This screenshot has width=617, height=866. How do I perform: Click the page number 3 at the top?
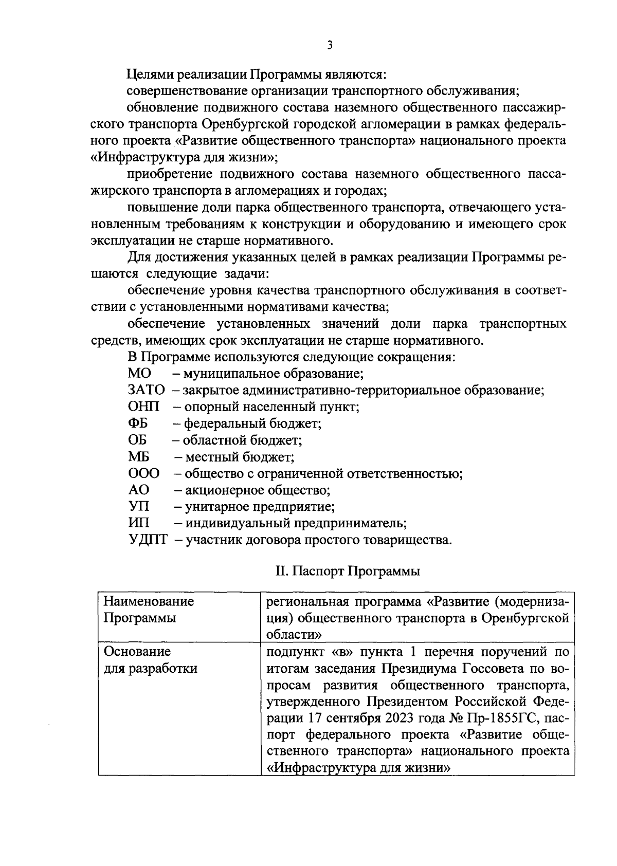(x=330, y=46)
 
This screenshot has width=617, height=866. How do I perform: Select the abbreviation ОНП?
(x=143, y=407)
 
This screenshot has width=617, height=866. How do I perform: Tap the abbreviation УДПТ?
(x=148, y=540)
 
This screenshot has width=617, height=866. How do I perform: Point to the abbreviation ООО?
(x=143, y=473)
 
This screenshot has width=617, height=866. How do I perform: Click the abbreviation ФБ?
(x=138, y=423)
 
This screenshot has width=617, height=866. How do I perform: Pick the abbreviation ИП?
(x=139, y=523)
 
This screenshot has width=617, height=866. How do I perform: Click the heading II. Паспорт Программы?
(x=348, y=572)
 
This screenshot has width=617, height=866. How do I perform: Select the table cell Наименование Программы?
(x=149, y=610)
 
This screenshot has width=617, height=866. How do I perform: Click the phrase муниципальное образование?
(x=274, y=374)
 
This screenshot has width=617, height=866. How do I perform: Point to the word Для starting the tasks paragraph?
(x=139, y=257)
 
